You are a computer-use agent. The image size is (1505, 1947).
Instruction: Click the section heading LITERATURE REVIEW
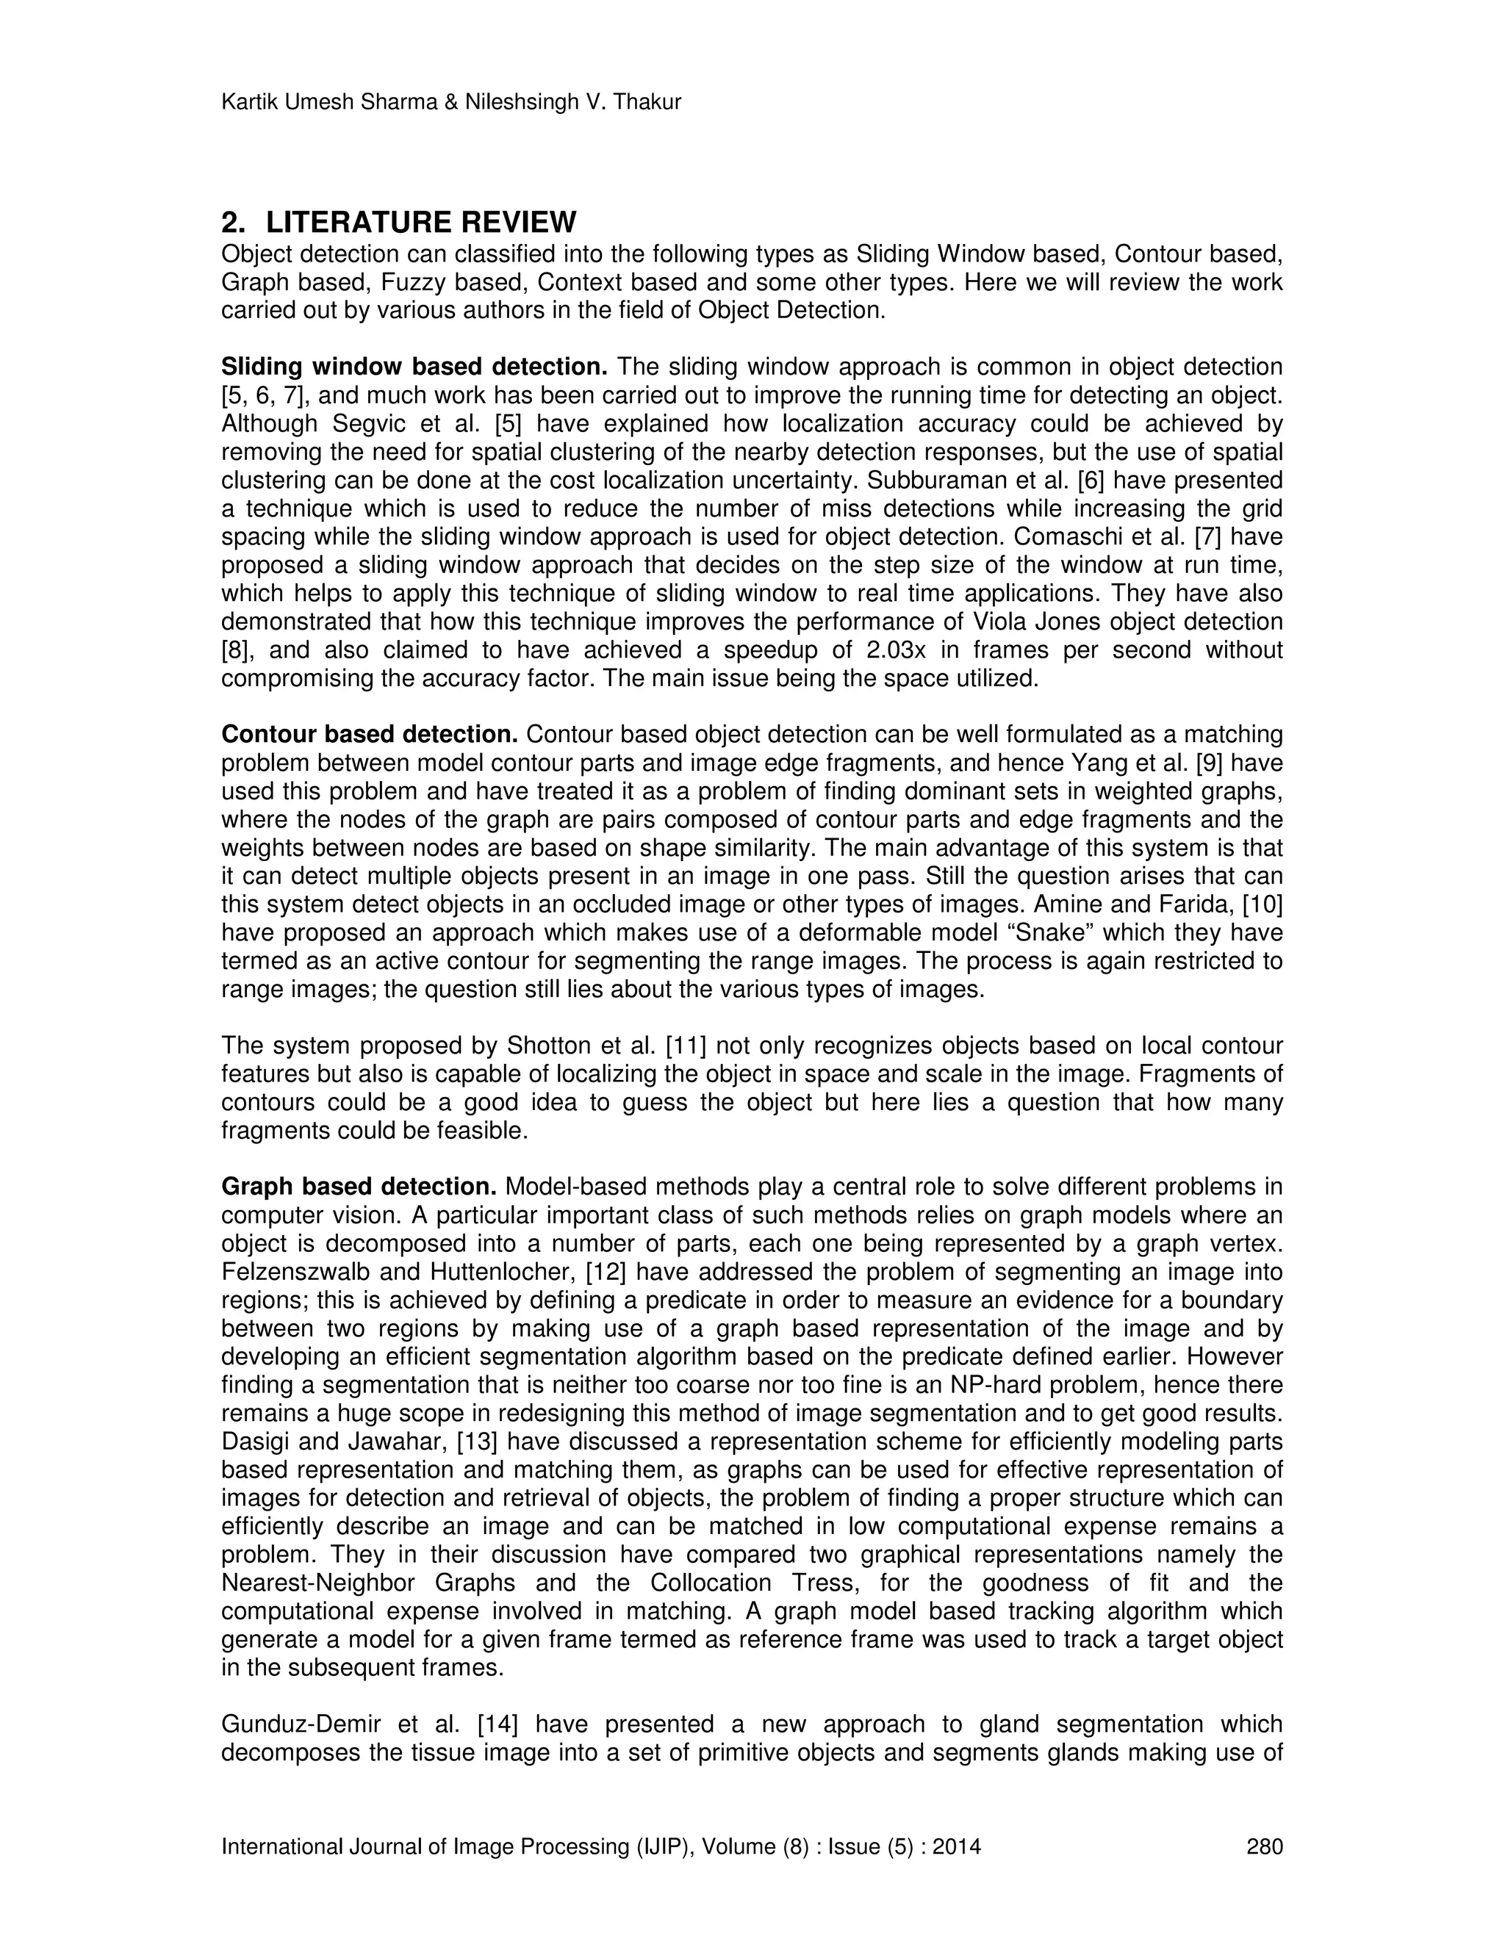421,222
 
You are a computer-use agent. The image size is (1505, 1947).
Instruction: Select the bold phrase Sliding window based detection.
414,367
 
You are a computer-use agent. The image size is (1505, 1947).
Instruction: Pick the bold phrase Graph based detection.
359,1187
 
